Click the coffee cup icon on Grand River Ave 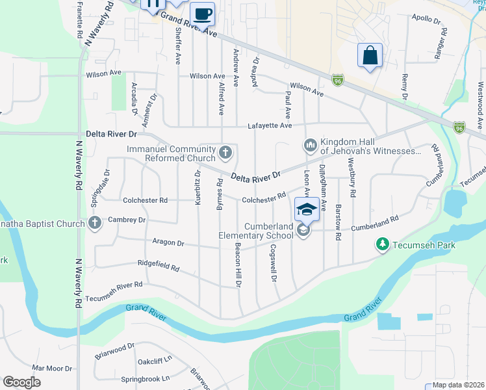pos(202,13)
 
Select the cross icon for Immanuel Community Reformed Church pos(225,153)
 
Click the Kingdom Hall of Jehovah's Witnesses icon pos(310,144)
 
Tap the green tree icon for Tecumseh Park pos(383,244)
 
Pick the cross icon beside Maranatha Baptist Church pos(95,224)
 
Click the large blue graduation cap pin pos(303,209)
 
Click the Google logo pos(22,382)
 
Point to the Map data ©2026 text pos(459,385)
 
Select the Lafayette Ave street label pos(268,126)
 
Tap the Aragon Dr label pos(168,242)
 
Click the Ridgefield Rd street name pos(159,265)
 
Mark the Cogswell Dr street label pos(274,263)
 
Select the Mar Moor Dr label pos(47,368)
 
